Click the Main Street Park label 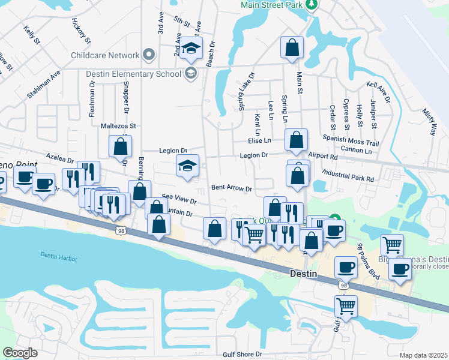[x=271, y=5]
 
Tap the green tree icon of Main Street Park [x=311, y=5]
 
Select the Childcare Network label [x=105, y=55]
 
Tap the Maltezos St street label [x=119, y=126]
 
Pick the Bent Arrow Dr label [x=231, y=188]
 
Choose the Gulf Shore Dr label [x=243, y=355]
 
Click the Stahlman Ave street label [x=44, y=85]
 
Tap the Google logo [x=20, y=353]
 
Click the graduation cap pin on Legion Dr [x=188, y=166]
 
